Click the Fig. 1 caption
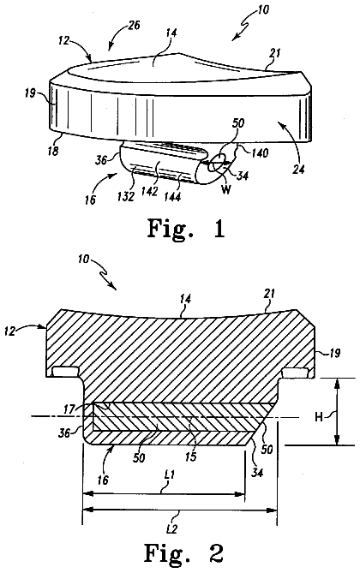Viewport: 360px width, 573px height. click(186, 230)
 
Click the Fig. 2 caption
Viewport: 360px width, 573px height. click(183, 553)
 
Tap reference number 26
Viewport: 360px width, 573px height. click(134, 27)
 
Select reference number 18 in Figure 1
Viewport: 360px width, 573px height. click(53, 151)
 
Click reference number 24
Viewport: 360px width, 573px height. click(298, 169)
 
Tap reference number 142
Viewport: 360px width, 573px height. click(150, 192)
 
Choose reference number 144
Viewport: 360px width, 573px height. click(172, 197)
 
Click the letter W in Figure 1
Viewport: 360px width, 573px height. click(226, 189)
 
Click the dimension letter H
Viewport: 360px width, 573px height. click(319, 417)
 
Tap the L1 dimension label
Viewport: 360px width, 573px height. click(169, 475)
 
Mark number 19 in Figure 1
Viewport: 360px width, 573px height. click(31, 93)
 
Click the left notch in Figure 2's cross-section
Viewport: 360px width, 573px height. click(65, 371)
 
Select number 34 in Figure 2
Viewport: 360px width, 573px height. click(257, 473)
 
